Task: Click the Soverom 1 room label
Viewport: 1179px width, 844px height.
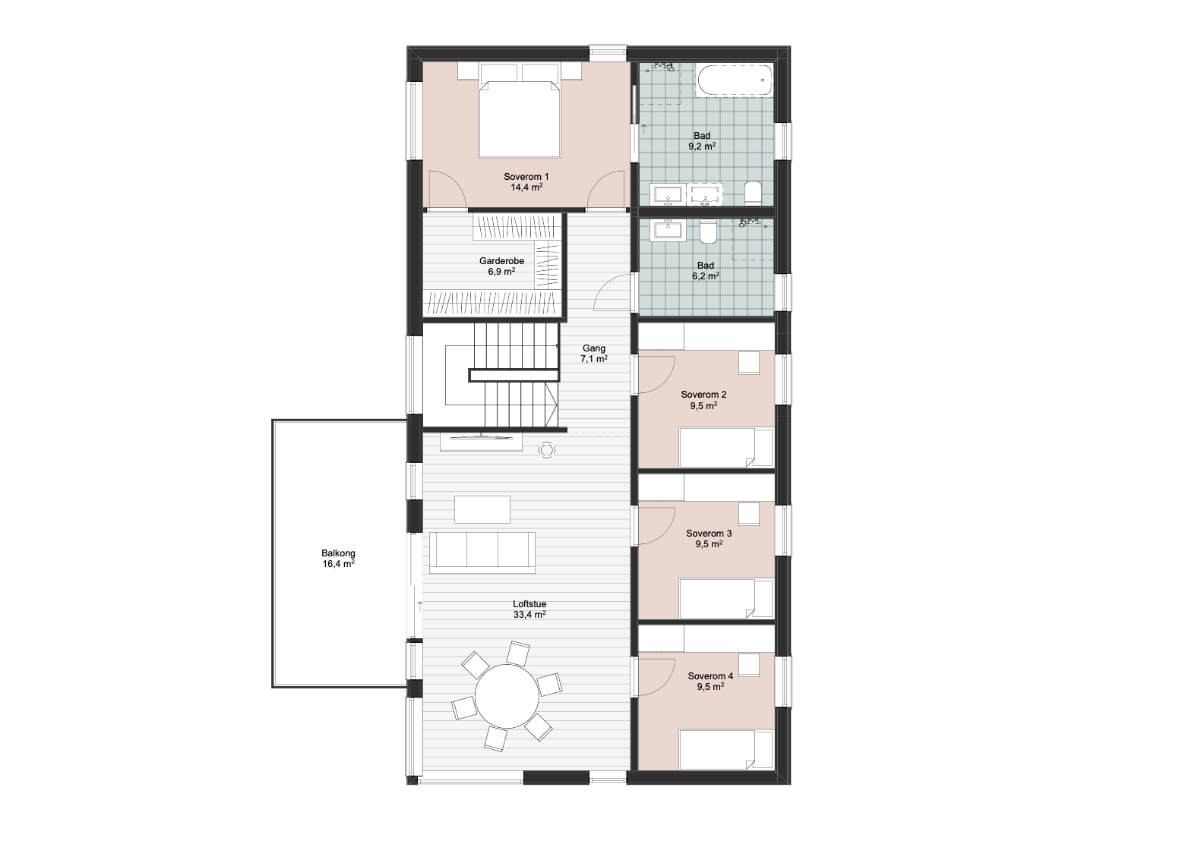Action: [526, 177]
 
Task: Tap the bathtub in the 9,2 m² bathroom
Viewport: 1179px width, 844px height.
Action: [735, 80]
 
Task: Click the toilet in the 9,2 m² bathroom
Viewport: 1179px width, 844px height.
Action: [754, 194]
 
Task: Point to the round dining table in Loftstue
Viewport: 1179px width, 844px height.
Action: [507, 696]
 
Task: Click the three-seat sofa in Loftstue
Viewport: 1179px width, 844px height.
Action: [482, 553]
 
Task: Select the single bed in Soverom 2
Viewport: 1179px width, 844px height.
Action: [725, 448]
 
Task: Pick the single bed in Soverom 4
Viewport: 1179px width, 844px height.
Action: [725, 749]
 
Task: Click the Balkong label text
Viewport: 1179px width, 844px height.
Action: [339, 553]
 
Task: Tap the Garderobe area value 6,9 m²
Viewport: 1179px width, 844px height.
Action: [501, 272]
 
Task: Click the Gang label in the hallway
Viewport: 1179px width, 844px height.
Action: [594, 348]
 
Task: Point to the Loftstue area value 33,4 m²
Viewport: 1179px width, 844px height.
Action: [529, 614]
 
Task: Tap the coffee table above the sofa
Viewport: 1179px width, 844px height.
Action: [482, 509]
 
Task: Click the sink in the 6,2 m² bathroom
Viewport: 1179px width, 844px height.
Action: [669, 231]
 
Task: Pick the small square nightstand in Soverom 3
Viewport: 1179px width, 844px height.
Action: [749, 514]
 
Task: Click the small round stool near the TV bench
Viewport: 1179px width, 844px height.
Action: [547, 449]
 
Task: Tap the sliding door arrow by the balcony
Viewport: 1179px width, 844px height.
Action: [420, 605]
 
